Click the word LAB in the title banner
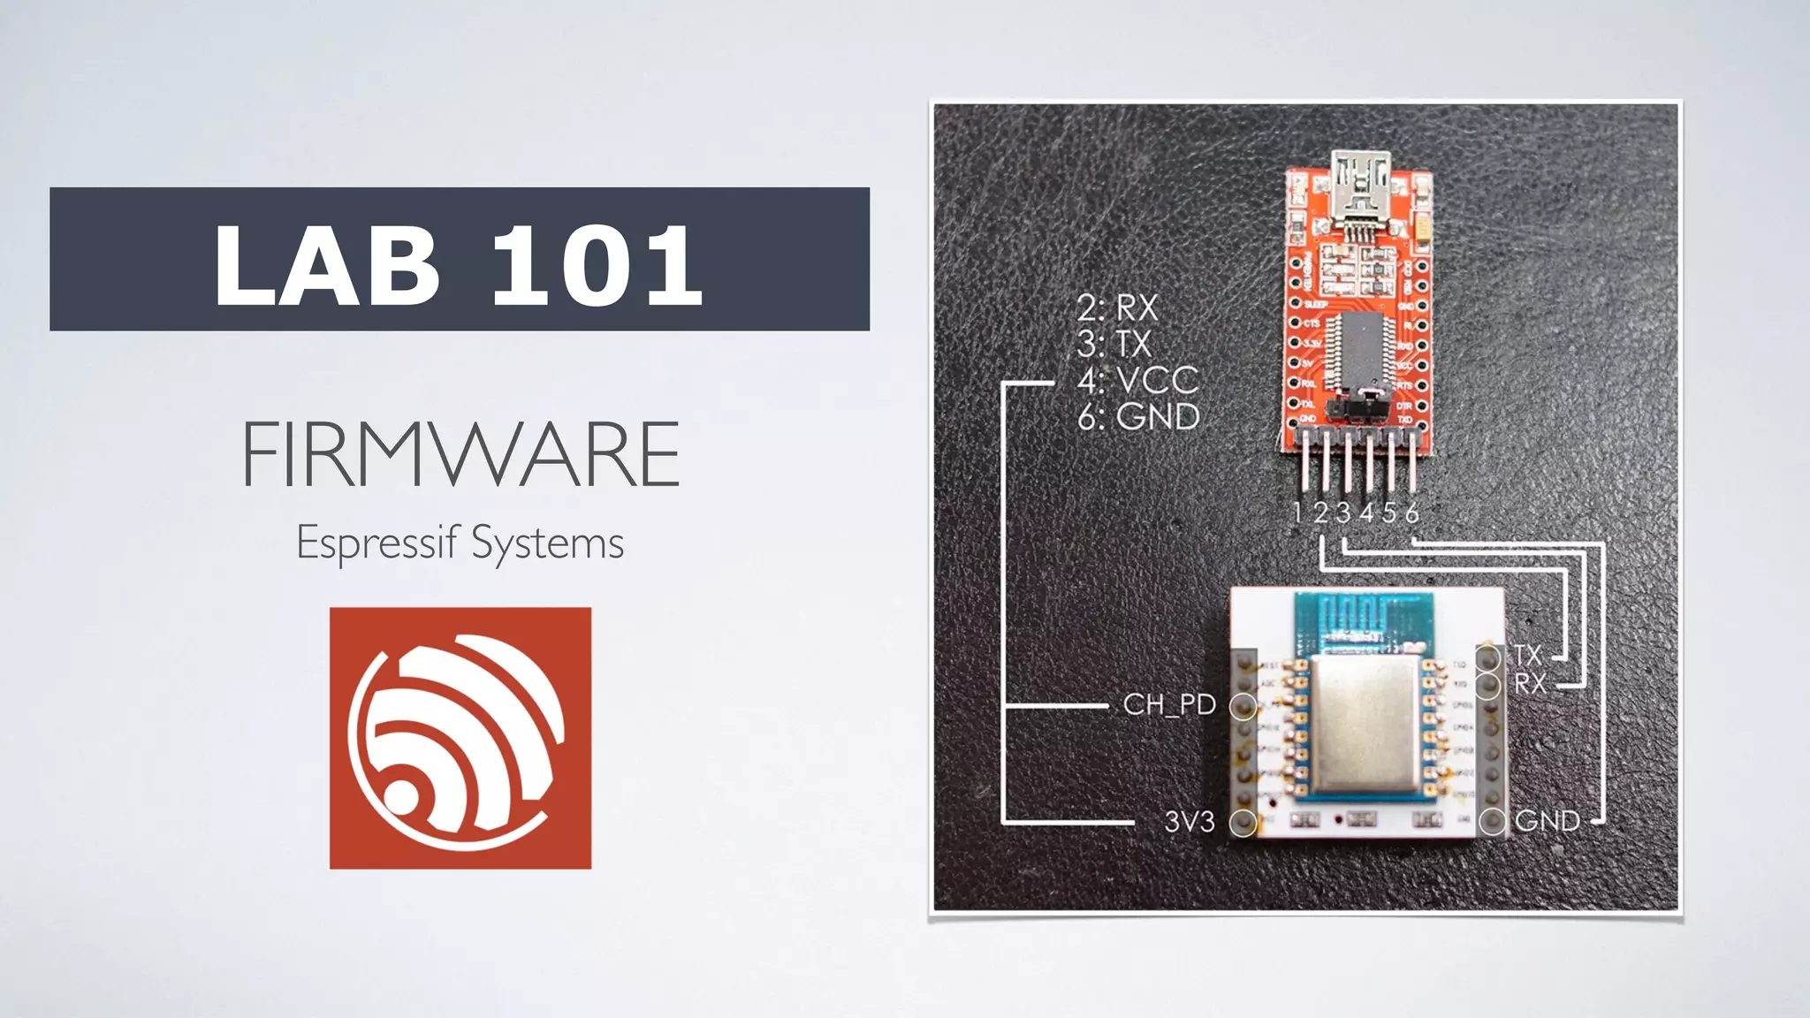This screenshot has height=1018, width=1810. (x=326, y=265)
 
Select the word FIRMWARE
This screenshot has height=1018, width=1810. (x=460, y=454)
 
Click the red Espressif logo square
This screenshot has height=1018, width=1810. (x=460, y=738)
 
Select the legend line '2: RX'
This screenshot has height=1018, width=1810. (x=1117, y=308)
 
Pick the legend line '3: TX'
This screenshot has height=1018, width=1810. (x=1114, y=344)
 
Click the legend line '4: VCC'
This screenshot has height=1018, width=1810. (x=1138, y=380)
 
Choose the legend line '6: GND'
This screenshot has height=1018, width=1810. (x=1138, y=416)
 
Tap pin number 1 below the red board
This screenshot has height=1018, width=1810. (x=1297, y=513)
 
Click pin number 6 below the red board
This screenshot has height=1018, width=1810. (x=1411, y=513)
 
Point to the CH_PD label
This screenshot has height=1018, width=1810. (x=1169, y=704)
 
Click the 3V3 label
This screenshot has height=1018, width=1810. (x=1189, y=822)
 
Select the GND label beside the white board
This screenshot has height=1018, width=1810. (x=1547, y=821)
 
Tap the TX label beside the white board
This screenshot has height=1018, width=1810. (x=1527, y=655)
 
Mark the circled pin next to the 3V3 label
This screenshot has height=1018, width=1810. (x=1243, y=823)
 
